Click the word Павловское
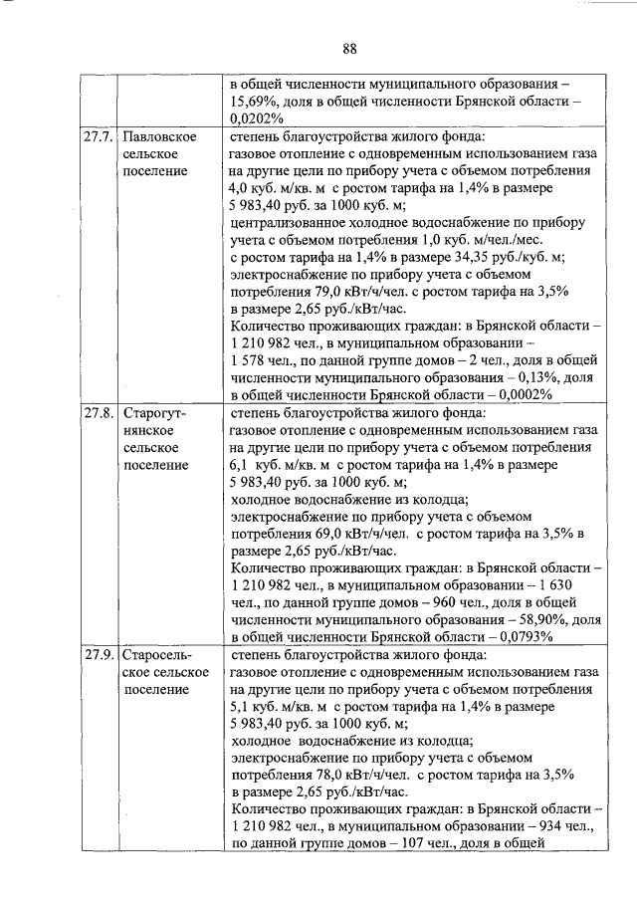158,135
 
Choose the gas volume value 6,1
242,464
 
